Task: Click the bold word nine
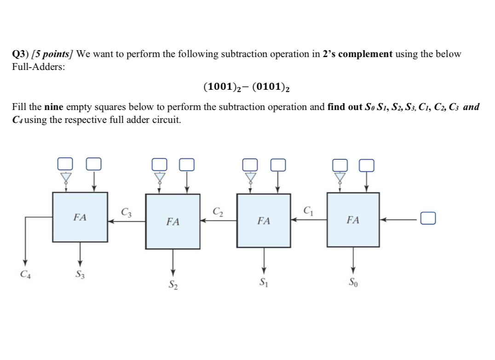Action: click(x=54, y=107)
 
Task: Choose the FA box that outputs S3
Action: click(x=80, y=217)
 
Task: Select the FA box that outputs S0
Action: click(x=353, y=220)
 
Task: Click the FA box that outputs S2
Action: click(x=173, y=221)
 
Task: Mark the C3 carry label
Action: click(x=126, y=212)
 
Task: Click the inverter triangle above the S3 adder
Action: click(x=66, y=177)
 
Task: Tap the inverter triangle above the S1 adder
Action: click(x=250, y=177)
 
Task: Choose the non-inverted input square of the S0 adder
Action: click(x=366, y=164)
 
